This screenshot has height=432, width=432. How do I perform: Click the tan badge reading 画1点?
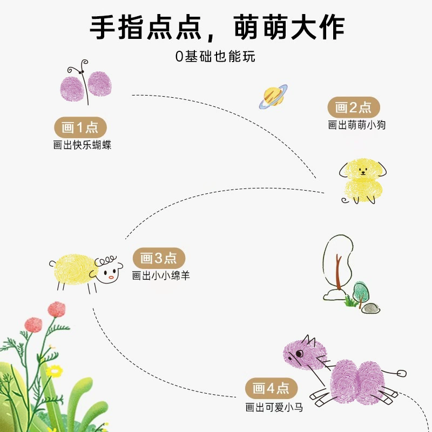[80, 127]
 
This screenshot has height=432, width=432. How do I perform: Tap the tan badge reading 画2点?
[354, 107]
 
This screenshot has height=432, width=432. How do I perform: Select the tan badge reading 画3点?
[159, 258]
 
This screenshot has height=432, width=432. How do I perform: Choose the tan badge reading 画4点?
[271, 388]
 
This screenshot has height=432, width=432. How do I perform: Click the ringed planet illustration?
[273, 97]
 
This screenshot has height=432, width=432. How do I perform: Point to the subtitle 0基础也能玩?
[215, 57]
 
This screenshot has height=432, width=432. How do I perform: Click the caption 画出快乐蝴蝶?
[82, 145]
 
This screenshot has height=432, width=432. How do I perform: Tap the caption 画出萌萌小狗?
[356, 125]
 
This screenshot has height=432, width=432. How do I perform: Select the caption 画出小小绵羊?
[161, 275]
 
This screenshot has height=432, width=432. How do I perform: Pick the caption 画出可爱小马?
[274, 407]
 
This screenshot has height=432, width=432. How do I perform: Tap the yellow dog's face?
[363, 171]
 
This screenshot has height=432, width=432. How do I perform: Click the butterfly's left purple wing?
[72, 89]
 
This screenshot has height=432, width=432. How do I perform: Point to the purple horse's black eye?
[299, 354]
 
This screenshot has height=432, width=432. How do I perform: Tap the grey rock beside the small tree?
[370, 308]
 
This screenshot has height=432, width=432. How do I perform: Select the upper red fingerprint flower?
[57, 309]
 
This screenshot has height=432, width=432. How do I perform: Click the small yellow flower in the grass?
[55, 371]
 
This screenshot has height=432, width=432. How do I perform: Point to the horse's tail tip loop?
[402, 373]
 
